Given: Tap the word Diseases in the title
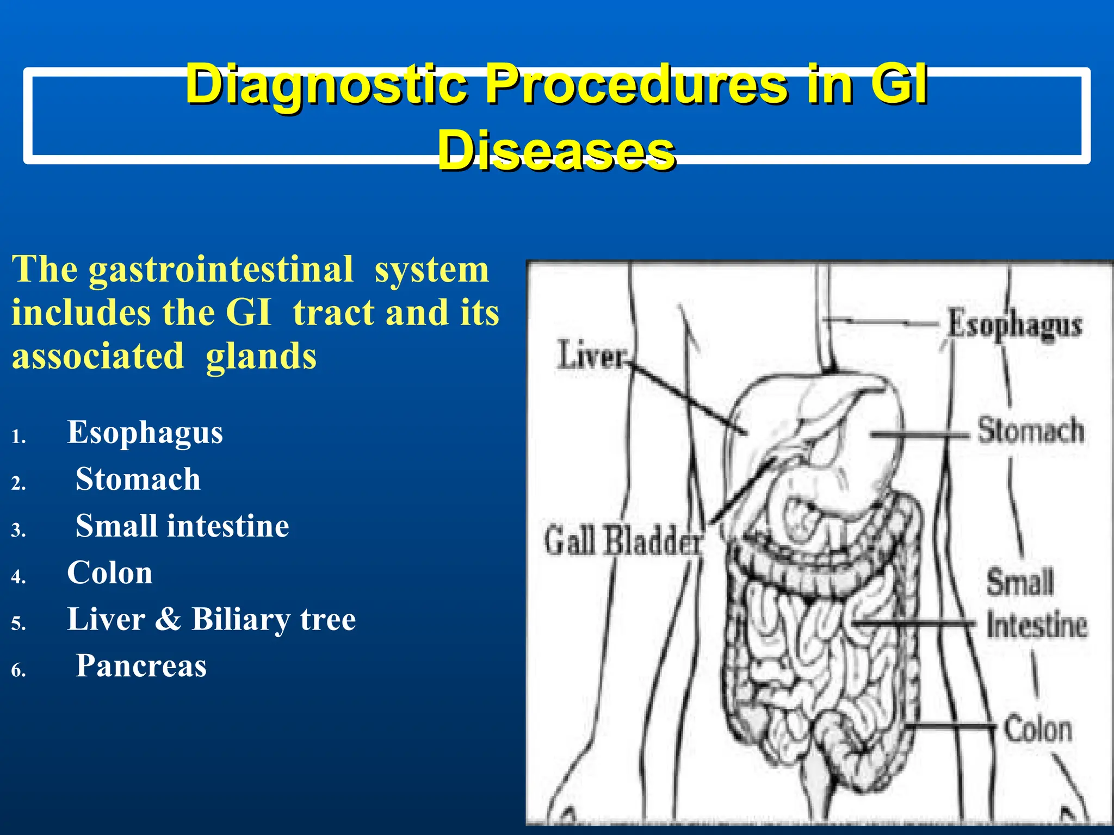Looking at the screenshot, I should tap(556, 151).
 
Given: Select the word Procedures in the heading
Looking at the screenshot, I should tap(635, 85).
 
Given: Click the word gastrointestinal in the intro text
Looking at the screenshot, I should tap(221, 270).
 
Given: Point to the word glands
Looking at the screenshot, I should tap(261, 357).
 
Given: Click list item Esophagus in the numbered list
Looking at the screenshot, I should tap(145, 433).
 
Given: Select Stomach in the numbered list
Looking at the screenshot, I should tap(138, 479).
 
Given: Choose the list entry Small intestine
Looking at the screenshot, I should tap(182, 526).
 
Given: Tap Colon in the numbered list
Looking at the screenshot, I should tap(110, 573).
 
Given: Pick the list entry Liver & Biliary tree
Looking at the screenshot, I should tap(211, 620).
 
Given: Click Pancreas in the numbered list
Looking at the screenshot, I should tap(141, 666).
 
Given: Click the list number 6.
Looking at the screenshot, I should tap(18, 670).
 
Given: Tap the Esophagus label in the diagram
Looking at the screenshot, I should tap(1015, 325).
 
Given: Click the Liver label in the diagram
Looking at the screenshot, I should tap(591, 356).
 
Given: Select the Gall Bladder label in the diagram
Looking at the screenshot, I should tap(623, 541).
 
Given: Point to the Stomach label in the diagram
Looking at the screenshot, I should tap(1031, 431).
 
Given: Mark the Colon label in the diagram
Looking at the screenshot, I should tap(1038, 729).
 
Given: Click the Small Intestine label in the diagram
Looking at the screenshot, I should tap(1036, 603).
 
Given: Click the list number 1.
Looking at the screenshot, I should tap(18, 437).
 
